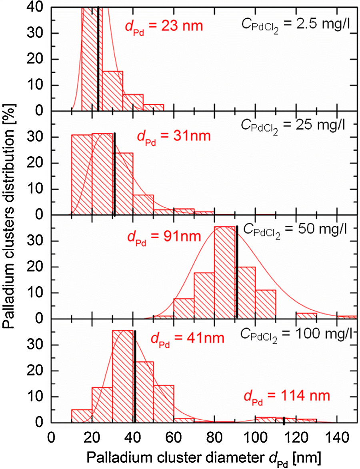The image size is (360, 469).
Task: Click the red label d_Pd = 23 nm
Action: tap(164, 28)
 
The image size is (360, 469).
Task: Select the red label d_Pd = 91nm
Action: tap(164, 236)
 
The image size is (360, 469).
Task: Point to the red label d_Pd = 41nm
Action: tap(187, 339)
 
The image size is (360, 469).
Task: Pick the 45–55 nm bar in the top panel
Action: tap(153, 108)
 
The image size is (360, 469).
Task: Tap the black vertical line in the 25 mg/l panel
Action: tap(115, 174)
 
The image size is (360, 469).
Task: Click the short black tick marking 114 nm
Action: tap(284, 421)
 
